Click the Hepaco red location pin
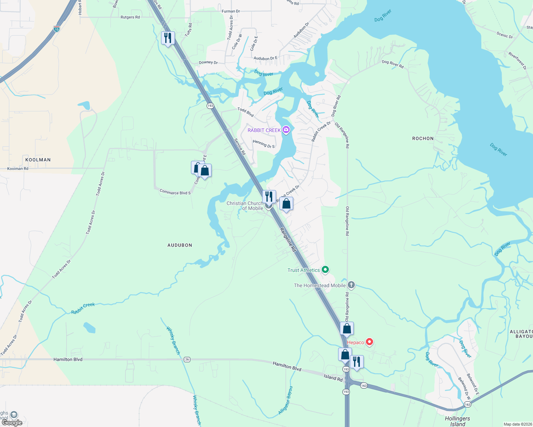coord(369,342)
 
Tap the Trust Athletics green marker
coord(325,270)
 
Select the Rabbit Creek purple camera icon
coord(286,130)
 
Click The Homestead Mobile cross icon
coord(351,285)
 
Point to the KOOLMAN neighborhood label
coord(38,160)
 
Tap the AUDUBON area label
coord(180,245)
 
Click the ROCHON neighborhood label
coord(423,138)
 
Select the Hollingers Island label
coord(457,421)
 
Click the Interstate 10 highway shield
coord(57,29)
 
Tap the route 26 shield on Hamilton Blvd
coord(187,359)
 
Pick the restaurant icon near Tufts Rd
coord(168,38)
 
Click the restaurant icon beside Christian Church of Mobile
coord(269,196)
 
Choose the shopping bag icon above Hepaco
coord(347,328)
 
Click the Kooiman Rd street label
coord(18,169)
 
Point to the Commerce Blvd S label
coord(175,193)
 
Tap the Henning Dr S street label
coord(264,144)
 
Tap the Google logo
coord(12,423)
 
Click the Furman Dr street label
coord(231,11)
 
